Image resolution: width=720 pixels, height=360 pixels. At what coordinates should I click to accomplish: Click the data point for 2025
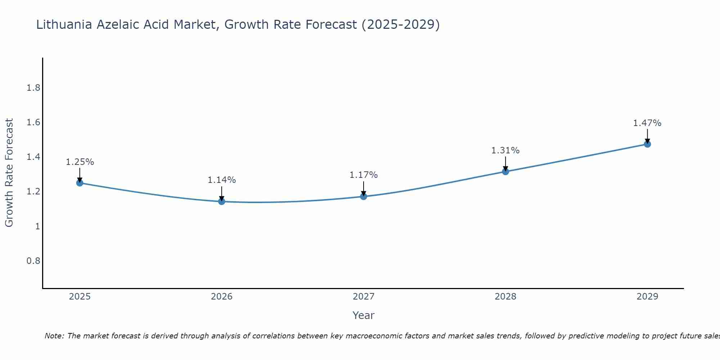pos(80,183)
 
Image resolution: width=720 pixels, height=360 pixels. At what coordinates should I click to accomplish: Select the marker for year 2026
pos(222,201)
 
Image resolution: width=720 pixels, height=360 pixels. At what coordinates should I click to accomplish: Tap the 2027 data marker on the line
pos(364,196)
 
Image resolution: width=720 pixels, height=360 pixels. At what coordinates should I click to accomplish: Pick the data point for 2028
pos(505,171)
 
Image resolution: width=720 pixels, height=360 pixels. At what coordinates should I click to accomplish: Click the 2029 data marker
pos(647,144)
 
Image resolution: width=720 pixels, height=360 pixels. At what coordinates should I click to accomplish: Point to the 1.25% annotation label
pos(80,162)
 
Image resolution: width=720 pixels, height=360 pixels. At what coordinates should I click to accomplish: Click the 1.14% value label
pos(222,180)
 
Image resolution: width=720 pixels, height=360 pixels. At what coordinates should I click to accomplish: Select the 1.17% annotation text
pos(364,175)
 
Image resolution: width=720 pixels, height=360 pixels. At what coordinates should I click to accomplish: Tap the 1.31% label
pos(505,150)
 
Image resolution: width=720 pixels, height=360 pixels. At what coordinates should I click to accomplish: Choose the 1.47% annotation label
pos(647,123)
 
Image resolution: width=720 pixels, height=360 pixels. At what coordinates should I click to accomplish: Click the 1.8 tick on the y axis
pos(33,88)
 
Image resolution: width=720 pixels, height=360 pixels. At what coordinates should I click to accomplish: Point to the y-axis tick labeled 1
pos(37,226)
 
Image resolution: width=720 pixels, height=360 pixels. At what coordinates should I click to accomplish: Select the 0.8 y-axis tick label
pos(33,261)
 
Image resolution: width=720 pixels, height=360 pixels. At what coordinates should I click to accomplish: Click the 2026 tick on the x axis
pos(222,297)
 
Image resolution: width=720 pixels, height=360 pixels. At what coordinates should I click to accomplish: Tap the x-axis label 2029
pos(647,297)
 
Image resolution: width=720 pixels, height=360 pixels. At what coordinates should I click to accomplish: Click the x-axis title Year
pos(364,315)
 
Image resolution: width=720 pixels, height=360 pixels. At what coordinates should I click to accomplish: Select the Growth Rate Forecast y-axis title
pos(9,173)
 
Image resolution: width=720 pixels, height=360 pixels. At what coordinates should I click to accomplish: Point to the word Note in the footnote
pos(54,336)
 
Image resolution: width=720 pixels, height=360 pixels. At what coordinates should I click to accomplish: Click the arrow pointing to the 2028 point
pos(505,164)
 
